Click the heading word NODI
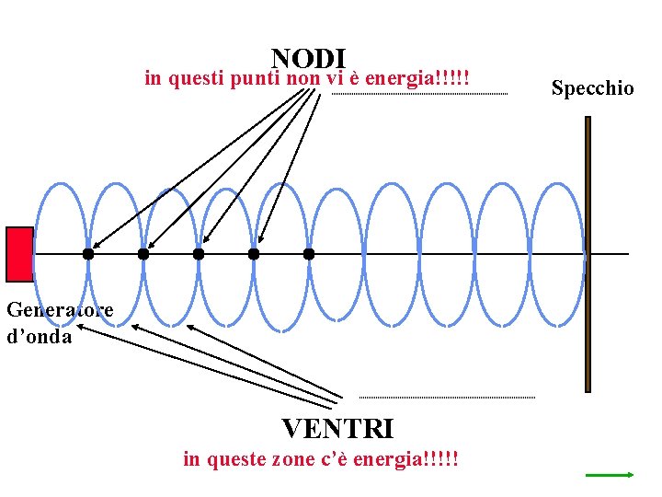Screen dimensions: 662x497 point(308,59)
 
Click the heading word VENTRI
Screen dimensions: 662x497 point(337,429)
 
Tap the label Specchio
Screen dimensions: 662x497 point(592,88)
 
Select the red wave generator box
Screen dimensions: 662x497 point(19,253)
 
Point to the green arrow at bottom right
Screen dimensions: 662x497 point(611,475)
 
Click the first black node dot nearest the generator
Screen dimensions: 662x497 point(87,253)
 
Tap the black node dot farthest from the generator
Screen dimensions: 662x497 point(309,253)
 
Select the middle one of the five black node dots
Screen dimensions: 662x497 point(199,253)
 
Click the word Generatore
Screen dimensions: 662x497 point(60,310)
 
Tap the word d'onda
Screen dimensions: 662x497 point(39,336)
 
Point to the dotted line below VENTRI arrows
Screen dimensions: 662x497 point(446,398)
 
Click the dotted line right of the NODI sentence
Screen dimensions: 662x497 point(418,95)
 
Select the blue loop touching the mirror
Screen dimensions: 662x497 point(559,254)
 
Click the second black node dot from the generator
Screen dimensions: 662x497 point(143,253)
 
